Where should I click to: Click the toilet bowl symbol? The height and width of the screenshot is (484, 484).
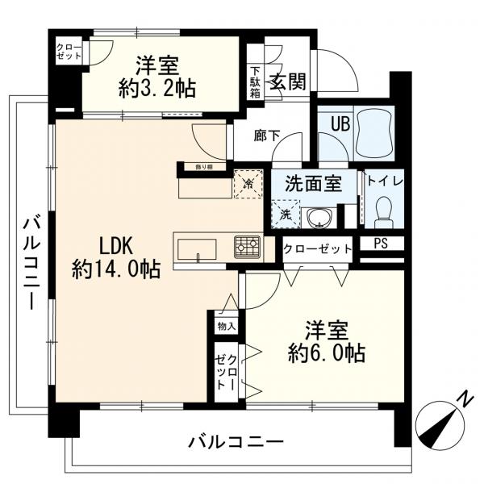point(384,212)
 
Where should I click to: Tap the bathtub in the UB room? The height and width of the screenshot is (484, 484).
point(374,133)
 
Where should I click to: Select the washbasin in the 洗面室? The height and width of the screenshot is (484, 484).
point(318,218)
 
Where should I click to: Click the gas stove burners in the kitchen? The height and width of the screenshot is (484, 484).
point(248,247)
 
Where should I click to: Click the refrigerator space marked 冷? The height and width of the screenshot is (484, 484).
point(248,184)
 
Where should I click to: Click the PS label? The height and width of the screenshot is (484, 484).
point(381,244)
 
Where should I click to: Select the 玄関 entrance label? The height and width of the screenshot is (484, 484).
point(288,81)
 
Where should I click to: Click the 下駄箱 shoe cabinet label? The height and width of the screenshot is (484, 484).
point(255,82)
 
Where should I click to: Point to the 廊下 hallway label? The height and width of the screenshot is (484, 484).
point(267,136)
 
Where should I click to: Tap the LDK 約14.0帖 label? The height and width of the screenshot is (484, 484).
point(116,257)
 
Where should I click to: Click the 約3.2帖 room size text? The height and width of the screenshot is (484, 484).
point(157,89)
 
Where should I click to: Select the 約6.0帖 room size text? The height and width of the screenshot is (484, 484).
point(327,353)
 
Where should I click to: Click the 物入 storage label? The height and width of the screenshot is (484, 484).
point(227,326)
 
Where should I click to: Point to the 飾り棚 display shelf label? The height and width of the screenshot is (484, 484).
point(204,167)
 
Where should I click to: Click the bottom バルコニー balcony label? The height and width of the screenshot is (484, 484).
point(236,442)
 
